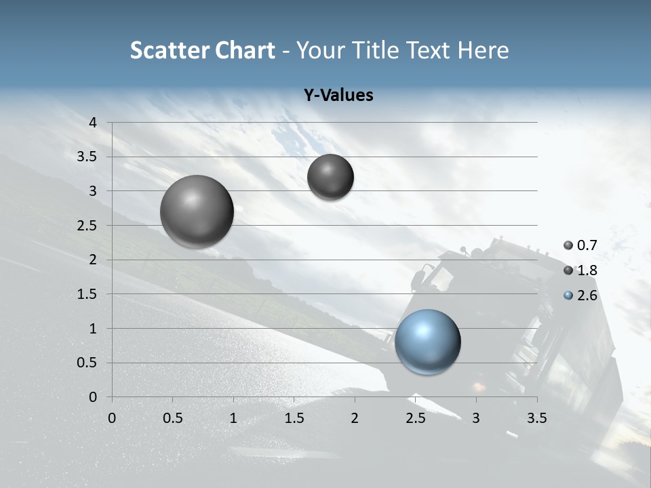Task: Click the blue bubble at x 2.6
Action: click(x=428, y=342)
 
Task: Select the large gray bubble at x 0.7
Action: click(x=197, y=211)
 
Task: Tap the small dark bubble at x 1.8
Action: click(x=330, y=177)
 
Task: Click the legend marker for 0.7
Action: click(x=568, y=245)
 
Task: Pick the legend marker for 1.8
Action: click(x=568, y=270)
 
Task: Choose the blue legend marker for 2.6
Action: click(x=568, y=296)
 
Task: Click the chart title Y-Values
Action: click(x=338, y=96)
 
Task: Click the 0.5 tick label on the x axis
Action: click(x=172, y=418)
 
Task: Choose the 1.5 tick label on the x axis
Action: click(x=294, y=418)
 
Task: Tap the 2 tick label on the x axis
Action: click(x=355, y=418)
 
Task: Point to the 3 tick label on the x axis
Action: click(x=476, y=418)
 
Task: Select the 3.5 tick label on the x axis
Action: click(x=536, y=418)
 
